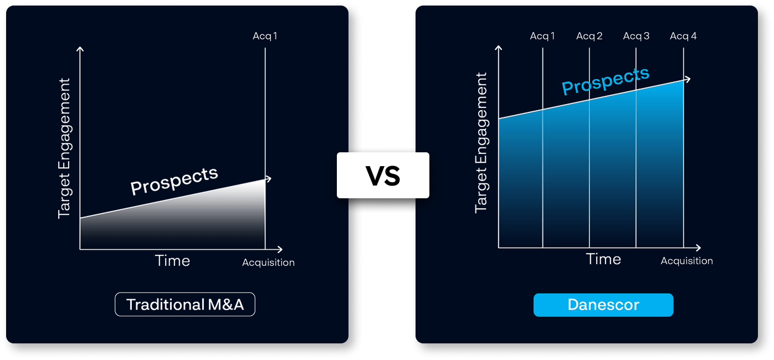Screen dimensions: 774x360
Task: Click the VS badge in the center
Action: pyautogui.click(x=383, y=175)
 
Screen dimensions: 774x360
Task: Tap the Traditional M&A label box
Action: pyautogui.click(x=185, y=305)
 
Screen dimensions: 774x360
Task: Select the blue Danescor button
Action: pyautogui.click(x=603, y=305)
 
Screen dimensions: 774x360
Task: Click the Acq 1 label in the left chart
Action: pyautogui.click(x=265, y=36)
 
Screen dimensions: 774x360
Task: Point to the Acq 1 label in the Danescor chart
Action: pyautogui.click(x=542, y=36)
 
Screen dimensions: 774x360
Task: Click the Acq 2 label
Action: pyautogui.click(x=589, y=36)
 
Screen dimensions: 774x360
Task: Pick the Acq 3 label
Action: pyautogui.click(x=636, y=36)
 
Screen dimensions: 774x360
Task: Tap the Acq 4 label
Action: pyautogui.click(x=683, y=36)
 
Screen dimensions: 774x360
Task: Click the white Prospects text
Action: pyautogui.click(x=174, y=181)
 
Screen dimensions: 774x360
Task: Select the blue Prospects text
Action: pyautogui.click(x=606, y=80)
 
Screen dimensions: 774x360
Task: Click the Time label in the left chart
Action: pyautogui.click(x=172, y=260)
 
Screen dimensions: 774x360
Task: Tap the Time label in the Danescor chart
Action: pyautogui.click(x=603, y=259)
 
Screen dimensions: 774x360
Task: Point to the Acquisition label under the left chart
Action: pyautogui.click(x=269, y=263)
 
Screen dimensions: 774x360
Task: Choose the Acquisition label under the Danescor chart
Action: pyautogui.click(x=687, y=261)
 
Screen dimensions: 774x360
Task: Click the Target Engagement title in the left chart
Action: pyautogui.click(x=65, y=148)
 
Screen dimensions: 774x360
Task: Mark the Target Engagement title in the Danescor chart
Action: pyautogui.click(x=481, y=143)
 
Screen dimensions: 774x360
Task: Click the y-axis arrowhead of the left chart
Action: pyautogui.click(x=80, y=49)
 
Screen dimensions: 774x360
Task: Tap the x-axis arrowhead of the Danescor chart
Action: pyautogui.click(x=698, y=248)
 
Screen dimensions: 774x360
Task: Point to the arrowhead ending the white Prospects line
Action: pyautogui.click(x=269, y=179)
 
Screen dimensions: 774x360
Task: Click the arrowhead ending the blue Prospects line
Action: pyautogui.click(x=688, y=79)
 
